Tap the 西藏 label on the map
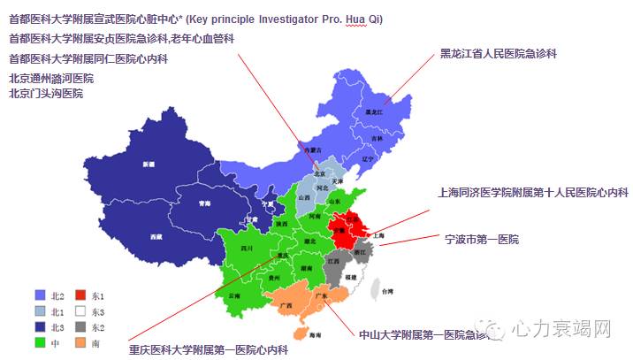pyautogui.click(x=156, y=237)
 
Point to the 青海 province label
pyautogui.click(x=204, y=203)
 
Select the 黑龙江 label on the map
pyautogui.click(x=374, y=112)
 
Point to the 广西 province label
pyautogui.click(x=286, y=305)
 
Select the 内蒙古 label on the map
pyautogui.click(x=309, y=151)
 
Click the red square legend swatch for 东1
pyautogui.click(x=80, y=295)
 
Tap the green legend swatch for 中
pyautogui.click(x=40, y=341)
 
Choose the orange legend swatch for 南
pyautogui.click(x=80, y=341)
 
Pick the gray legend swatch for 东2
pyautogui.click(x=80, y=326)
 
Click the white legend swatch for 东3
pyautogui.click(x=80, y=311)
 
